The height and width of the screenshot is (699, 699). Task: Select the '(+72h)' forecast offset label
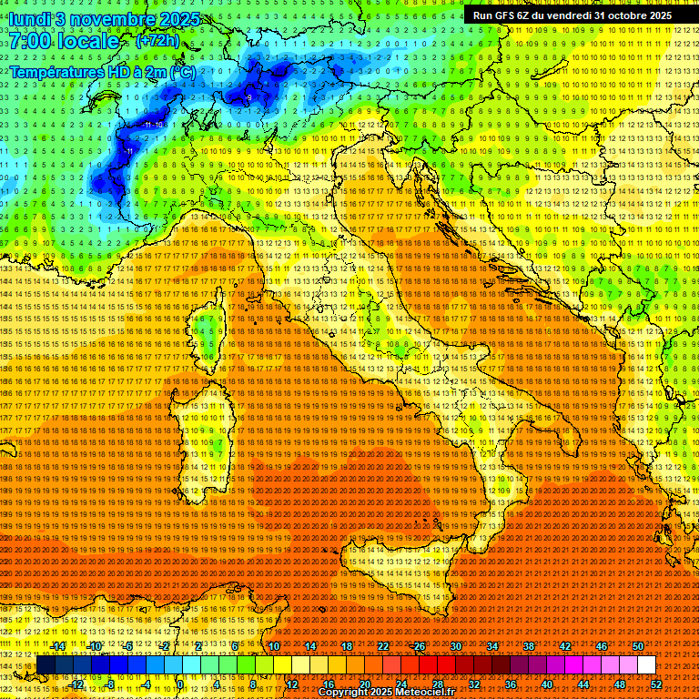coord(157,41)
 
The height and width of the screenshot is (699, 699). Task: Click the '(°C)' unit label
coord(181,71)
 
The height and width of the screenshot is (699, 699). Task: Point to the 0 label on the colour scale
coord(180,684)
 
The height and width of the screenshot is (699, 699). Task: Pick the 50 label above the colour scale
coord(638,646)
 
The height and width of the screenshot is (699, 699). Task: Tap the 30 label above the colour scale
coord(455,646)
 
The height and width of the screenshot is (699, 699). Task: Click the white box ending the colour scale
coord(646,665)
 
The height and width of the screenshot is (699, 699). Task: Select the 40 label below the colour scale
coord(547,684)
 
